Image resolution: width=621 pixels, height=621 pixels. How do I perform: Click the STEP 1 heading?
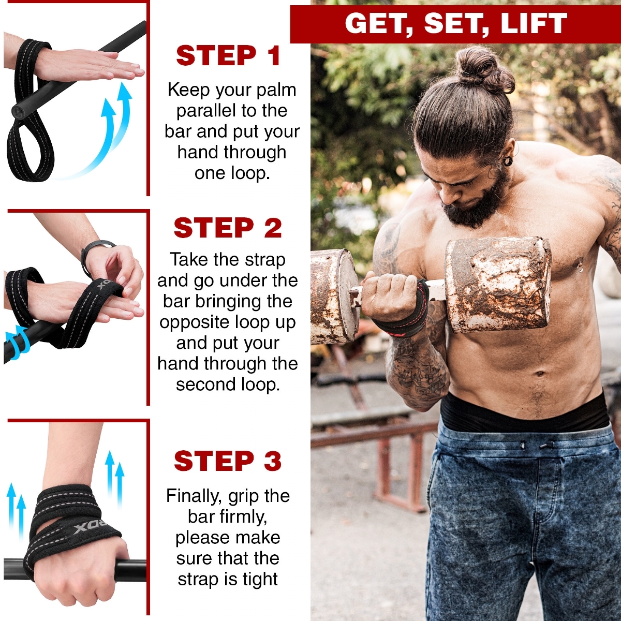(228, 55)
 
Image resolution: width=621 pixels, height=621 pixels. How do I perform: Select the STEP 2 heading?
(228, 228)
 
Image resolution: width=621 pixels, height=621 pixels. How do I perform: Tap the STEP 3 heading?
(228, 461)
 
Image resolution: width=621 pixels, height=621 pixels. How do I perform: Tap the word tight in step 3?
(260, 580)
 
